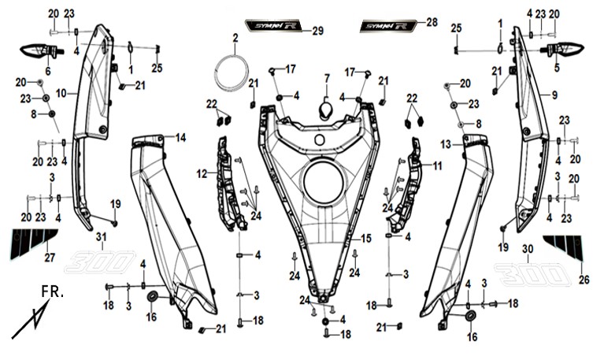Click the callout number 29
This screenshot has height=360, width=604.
tap(317, 31)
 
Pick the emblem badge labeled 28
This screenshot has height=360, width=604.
tap(386, 26)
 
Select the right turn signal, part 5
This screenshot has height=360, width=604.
tap(568, 51)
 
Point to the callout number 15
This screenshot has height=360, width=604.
tap(365, 238)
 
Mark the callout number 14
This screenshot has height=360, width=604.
tap(180, 138)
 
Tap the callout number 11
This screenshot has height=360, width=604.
tap(438, 166)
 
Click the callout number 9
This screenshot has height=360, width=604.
tap(554, 95)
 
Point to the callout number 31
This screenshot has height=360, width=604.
tap(100, 237)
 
